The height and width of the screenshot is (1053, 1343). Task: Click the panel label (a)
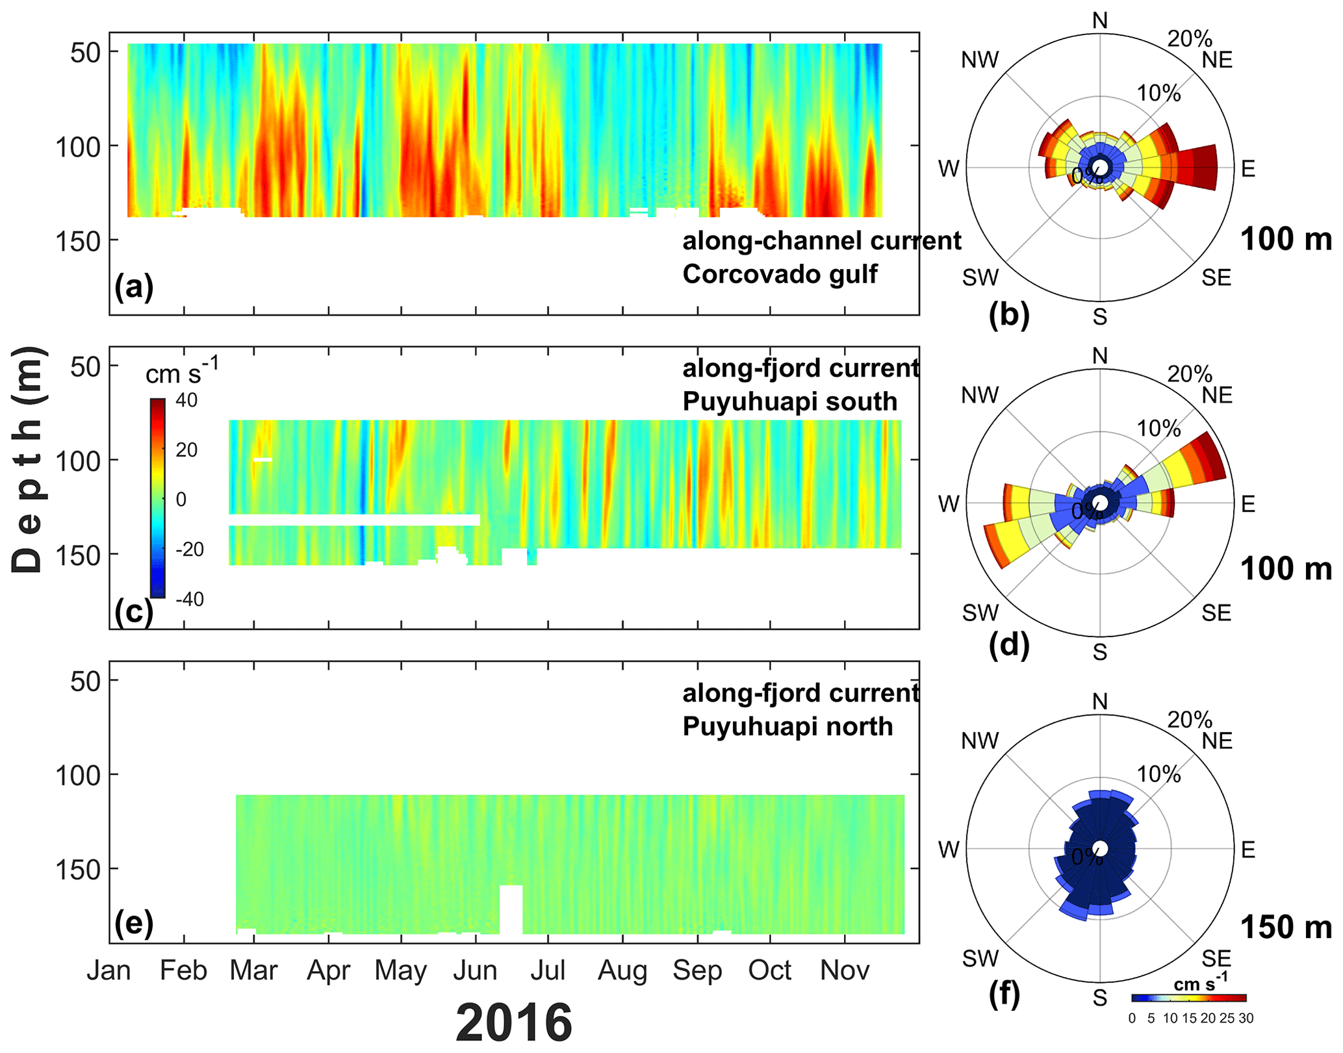click(x=134, y=286)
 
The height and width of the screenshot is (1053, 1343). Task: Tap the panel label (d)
click(x=1008, y=645)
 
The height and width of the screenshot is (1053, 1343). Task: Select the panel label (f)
click(x=1004, y=993)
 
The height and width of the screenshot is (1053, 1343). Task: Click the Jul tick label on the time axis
click(x=548, y=971)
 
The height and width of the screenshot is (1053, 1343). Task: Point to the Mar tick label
click(x=253, y=971)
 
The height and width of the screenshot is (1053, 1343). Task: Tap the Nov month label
click(x=845, y=971)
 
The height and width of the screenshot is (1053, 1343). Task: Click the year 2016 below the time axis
click(x=513, y=1022)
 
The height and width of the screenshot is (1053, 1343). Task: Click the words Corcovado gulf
click(x=780, y=274)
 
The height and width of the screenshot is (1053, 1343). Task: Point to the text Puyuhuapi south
click(x=789, y=401)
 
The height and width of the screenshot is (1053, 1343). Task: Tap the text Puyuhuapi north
click(x=787, y=726)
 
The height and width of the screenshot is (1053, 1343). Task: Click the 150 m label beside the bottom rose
click(x=1286, y=927)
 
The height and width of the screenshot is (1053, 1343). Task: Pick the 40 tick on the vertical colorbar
click(x=186, y=400)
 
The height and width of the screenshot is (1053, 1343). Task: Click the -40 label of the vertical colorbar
click(x=190, y=599)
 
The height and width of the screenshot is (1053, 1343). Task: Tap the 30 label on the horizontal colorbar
click(x=1246, y=1019)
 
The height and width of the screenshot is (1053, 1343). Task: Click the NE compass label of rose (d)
click(x=1217, y=395)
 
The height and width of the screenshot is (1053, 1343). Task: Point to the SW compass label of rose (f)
click(x=980, y=958)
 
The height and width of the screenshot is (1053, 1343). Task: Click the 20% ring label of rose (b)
click(x=1190, y=39)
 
